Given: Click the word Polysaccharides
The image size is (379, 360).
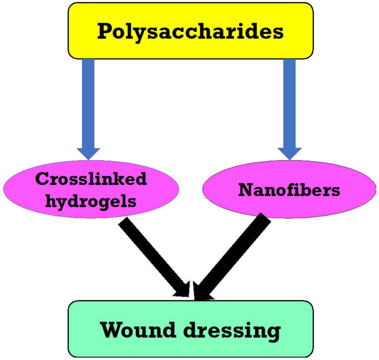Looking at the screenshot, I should point(190,31).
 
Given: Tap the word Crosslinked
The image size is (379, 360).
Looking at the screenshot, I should point(91,179).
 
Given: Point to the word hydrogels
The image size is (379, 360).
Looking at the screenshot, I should point(91,201).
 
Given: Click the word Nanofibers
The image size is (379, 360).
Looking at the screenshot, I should point(289,189).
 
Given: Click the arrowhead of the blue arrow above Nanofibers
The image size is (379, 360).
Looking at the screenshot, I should point(289,152).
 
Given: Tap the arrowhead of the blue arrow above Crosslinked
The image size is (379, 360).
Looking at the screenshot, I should point(89,152).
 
